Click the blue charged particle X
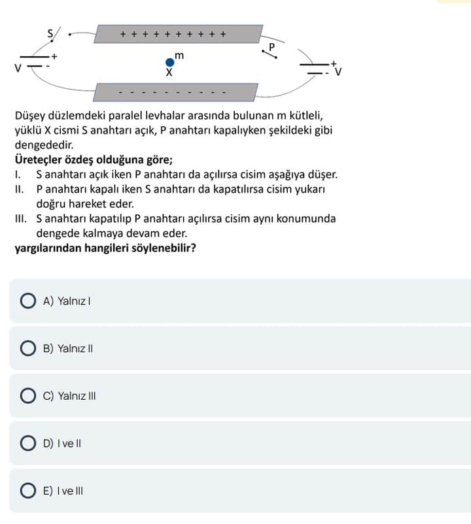(x=170, y=63)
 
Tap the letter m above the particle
(x=179, y=56)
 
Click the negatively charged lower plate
(x=175, y=92)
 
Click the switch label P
(x=273, y=46)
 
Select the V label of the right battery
(x=338, y=73)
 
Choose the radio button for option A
(x=28, y=301)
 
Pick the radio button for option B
(x=28, y=349)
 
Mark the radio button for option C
(x=28, y=396)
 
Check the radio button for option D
(x=28, y=444)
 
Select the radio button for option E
(x=28, y=491)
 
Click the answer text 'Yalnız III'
(x=77, y=396)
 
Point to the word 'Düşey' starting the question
(x=31, y=116)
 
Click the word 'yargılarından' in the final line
(x=48, y=248)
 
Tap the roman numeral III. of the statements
(x=22, y=218)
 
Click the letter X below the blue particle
(x=169, y=73)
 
